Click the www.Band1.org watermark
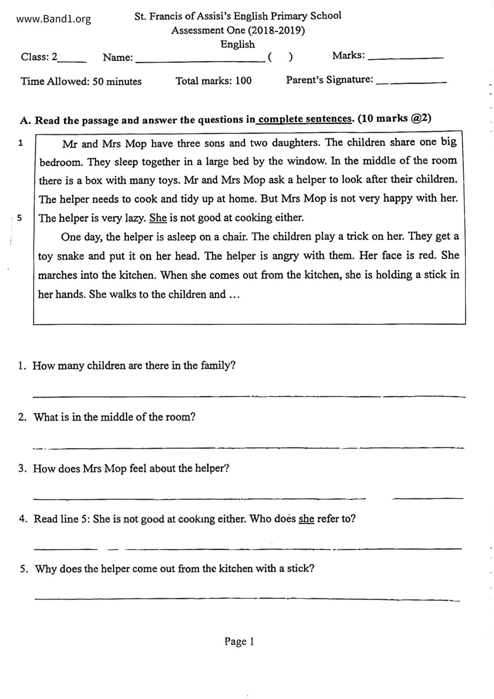click(x=53, y=19)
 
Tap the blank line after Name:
click(x=200, y=61)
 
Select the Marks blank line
click(x=406, y=58)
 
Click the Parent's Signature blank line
click(x=411, y=82)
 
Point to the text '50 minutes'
click(x=117, y=81)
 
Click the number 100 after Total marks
click(x=243, y=81)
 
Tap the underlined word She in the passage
click(x=158, y=218)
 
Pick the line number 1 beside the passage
click(x=21, y=143)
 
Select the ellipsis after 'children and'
click(x=234, y=295)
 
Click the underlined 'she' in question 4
click(x=306, y=518)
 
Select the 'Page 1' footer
click(x=239, y=641)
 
